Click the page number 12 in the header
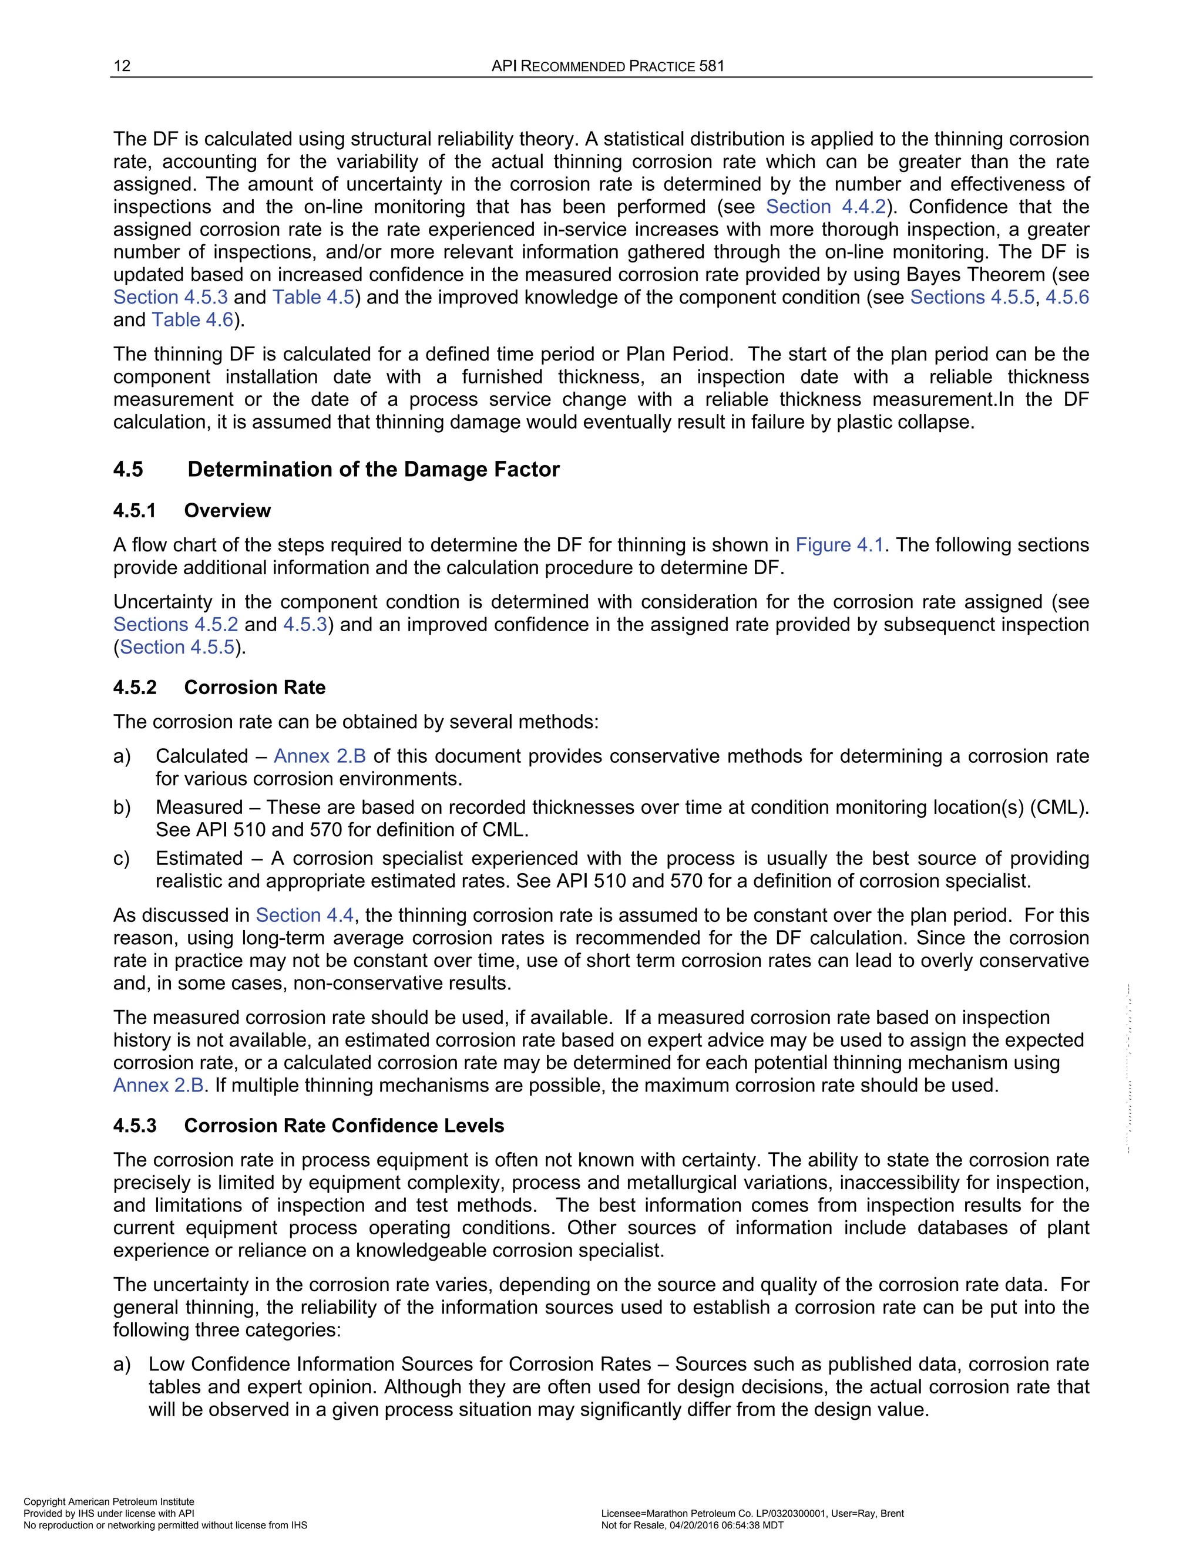(x=122, y=66)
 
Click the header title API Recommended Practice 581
(x=608, y=66)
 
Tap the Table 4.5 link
(x=313, y=297)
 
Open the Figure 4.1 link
(x=839, y=545)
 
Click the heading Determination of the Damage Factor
(x=374, y=470)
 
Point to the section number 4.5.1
(x=134, y=511)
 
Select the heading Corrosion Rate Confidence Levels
(x=344, y=1126)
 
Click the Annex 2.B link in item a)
(x=320, y=756)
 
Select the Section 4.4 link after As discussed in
(x=304, y=915)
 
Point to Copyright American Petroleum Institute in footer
(x=109, y=1502)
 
